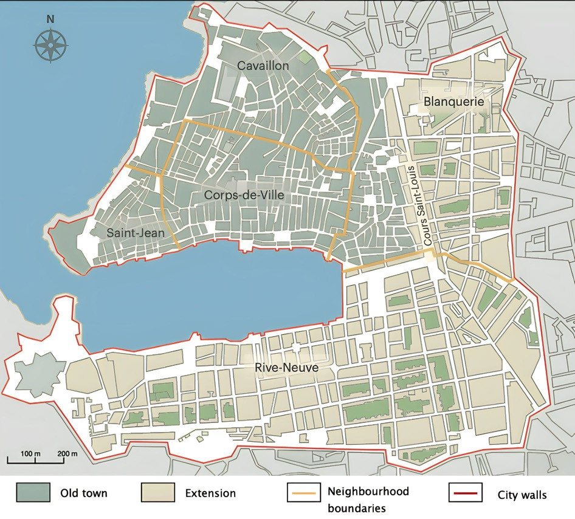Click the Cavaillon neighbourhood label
tap(263, 65)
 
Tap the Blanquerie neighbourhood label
tap(454, 101)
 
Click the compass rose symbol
tap(50, 46)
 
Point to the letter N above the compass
tap(50, 19)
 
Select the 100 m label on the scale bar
tap(30, 453)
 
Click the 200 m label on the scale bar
tap(67, 453)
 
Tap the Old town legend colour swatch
tap(33, 493)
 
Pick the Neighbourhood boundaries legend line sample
tap(302, 493)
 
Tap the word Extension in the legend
tap(210, 493)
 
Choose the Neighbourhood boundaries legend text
tap(368, 498)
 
